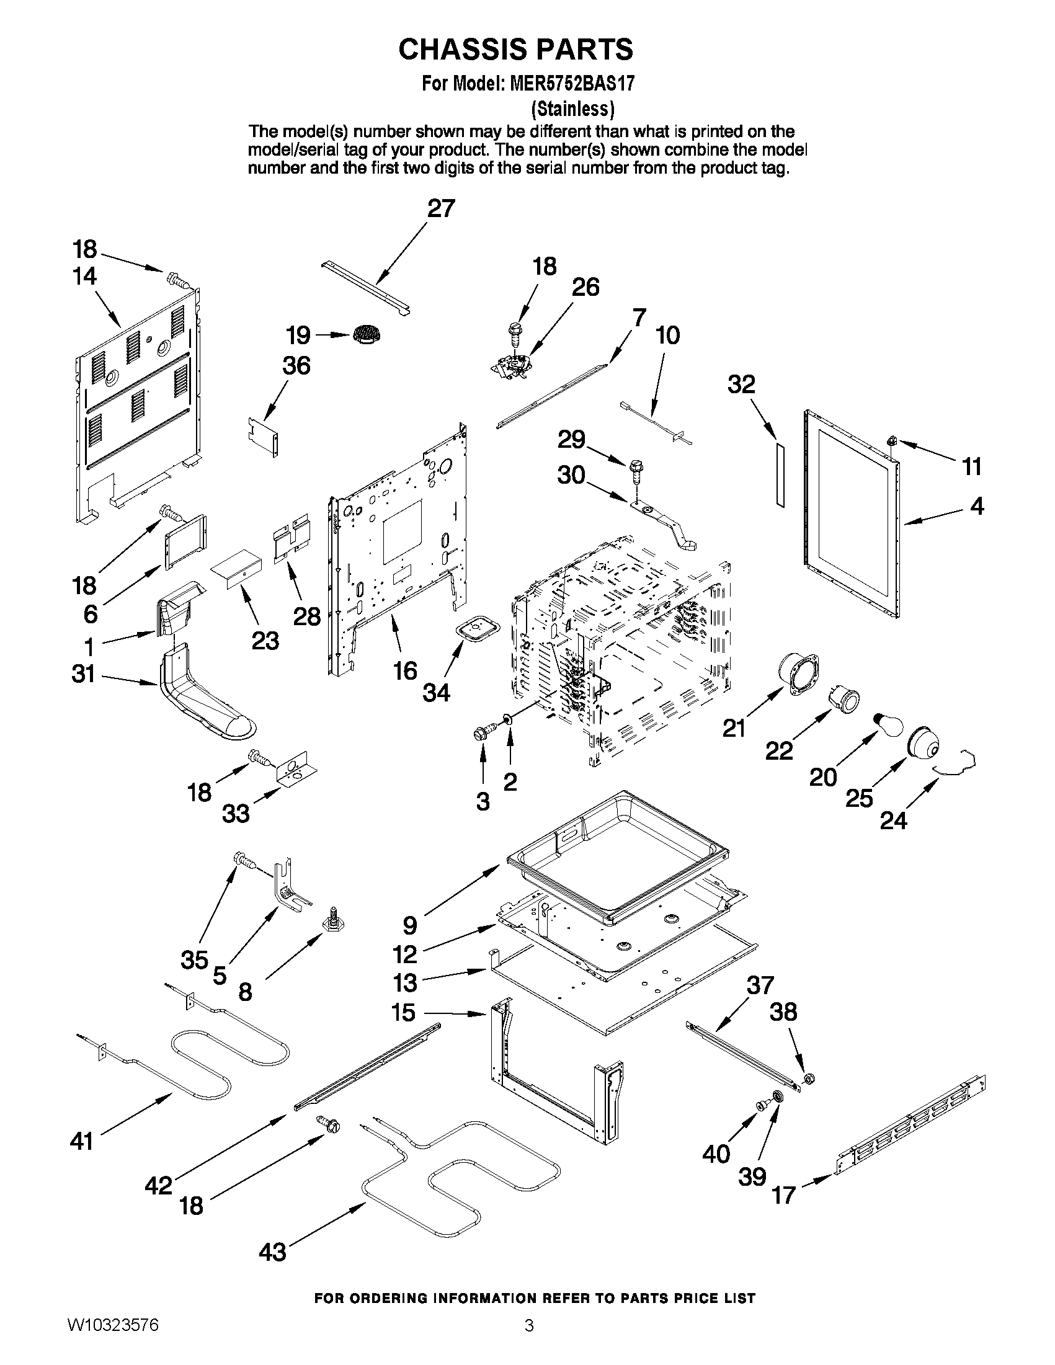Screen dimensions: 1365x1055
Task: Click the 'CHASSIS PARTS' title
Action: click(x=515, y=50)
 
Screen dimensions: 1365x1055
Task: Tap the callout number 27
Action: click(x=441, y=209)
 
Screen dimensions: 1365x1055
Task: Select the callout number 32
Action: click(x=741, y=385)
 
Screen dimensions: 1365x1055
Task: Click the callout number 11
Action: click(x=971, y=466)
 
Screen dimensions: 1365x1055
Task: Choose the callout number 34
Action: click(x=436, y=693)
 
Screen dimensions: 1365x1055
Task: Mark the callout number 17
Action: click(x=784, y=1195)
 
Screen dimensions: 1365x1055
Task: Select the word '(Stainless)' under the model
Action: click(x=572, y=109)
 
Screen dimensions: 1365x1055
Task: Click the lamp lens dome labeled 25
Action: click(x=923, y=744)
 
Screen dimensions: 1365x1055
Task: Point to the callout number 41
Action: click(x=82, y=1141)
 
